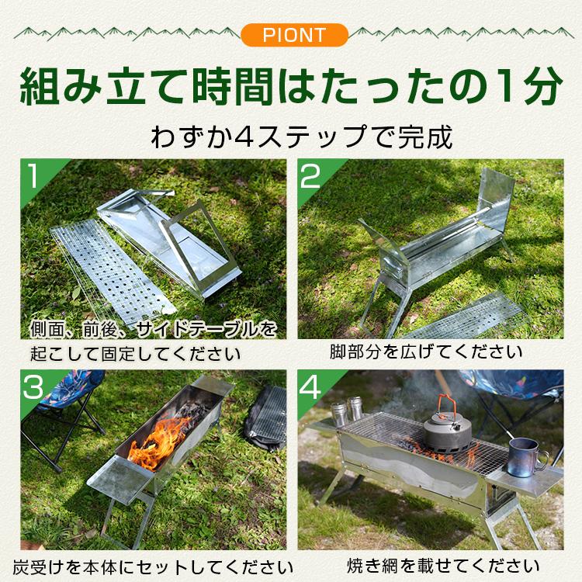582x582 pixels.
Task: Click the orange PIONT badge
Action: click(290, 35)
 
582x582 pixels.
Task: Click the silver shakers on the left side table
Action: click(348, 411)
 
